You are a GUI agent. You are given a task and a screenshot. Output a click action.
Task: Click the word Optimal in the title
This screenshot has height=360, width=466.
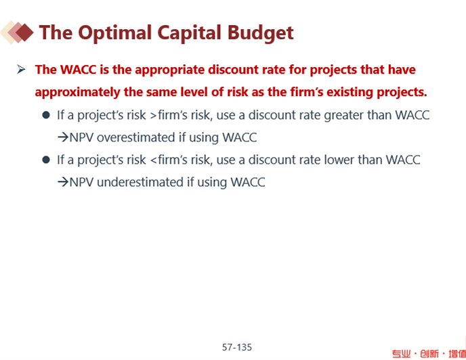click(x=115, y=33)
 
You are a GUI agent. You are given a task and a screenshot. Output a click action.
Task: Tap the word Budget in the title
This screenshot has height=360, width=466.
click(x=261, y=33)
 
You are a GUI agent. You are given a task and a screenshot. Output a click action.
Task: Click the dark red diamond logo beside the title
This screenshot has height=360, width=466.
click(x=24, y=32)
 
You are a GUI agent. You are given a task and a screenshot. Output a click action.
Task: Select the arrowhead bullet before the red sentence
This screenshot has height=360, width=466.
click(x=21, y=70)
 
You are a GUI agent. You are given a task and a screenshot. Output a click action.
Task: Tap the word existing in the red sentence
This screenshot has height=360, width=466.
click(x=349, y=92)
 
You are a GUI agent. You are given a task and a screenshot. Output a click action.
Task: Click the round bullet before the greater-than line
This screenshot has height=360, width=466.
click(x=46, y=115)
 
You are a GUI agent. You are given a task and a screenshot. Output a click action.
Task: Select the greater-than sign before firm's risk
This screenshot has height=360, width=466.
click(x=153, y=116)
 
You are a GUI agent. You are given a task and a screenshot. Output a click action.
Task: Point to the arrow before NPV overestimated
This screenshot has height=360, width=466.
click(x=63, y=137)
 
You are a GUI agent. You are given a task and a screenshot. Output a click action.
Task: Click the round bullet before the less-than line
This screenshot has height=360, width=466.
click(x=46, y=160)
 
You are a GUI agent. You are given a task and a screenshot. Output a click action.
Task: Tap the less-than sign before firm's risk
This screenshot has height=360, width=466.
click(x=153, y=160)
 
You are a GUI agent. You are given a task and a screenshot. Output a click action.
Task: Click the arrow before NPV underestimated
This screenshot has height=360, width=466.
click(x=63, y=182)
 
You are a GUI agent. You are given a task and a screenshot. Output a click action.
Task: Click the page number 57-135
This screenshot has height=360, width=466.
click(x=237, y=347)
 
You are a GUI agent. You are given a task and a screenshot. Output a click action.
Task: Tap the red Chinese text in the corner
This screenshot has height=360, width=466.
click(x=429, y=354)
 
